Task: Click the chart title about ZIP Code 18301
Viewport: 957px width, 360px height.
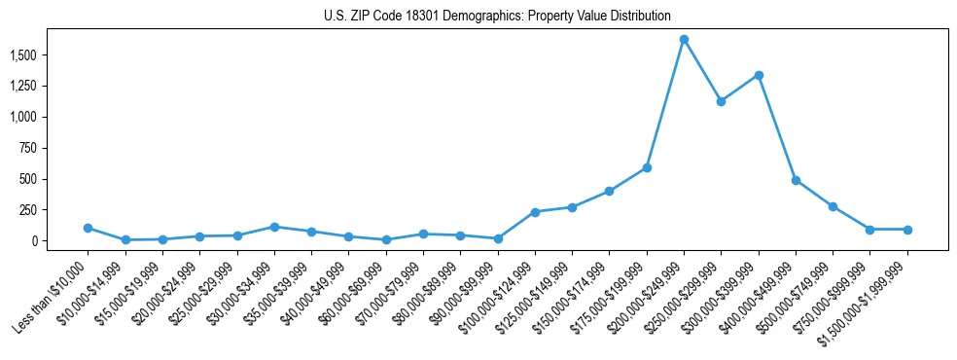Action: pos(497,17)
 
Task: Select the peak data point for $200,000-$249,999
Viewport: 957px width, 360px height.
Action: pos(684,39)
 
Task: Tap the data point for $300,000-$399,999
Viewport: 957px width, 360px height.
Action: pos(759,75)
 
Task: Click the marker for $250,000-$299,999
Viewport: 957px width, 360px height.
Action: pos(721,101)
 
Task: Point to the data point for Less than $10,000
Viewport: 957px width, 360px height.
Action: pos(88,228)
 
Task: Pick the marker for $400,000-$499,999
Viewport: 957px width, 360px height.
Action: pos(796,180)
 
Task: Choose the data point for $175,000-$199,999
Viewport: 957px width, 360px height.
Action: pos(647,167)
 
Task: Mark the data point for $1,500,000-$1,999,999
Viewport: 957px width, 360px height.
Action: pos(907,230)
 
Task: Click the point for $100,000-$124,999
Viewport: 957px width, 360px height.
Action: pos(535,212)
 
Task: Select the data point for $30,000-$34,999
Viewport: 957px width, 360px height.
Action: pos(274,227)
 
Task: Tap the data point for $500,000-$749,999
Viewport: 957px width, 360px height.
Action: pos(833,206)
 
